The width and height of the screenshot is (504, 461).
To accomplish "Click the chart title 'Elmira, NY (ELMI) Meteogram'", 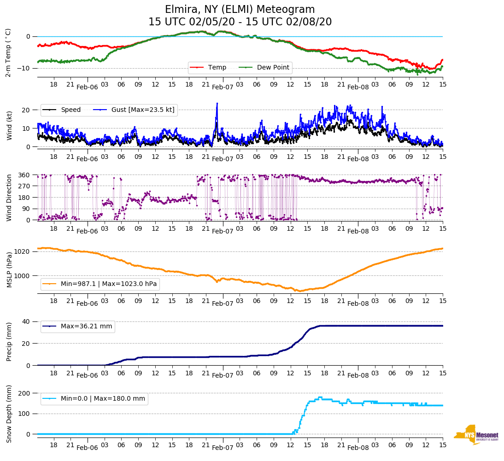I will [240, 10].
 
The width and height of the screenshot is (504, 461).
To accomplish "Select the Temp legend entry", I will [217, 68].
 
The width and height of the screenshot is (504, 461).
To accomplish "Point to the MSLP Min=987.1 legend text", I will [109, 284].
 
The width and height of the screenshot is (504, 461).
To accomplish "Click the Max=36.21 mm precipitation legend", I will [86, 327].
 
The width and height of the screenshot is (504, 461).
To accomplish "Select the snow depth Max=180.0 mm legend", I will [103, 399].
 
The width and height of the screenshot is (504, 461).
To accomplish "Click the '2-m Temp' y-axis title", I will [8, 52].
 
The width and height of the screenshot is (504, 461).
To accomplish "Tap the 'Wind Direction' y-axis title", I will [9, 198].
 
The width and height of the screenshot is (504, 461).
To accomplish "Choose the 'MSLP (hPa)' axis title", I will [9, 270].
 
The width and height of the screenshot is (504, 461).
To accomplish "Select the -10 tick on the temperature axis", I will [23, 68].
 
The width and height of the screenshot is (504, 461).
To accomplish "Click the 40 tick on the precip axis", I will [26, 321].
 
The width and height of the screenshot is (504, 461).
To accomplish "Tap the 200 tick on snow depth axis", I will [24, 393].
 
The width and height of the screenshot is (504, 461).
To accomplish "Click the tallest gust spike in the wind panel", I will [217, 104].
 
